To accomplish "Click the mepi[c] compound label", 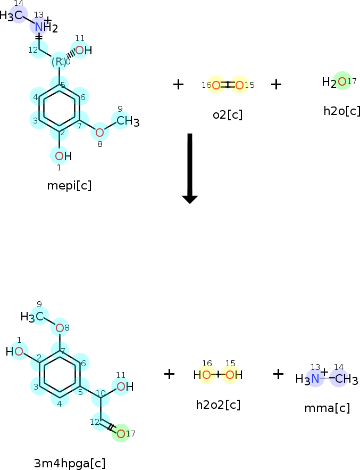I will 69,185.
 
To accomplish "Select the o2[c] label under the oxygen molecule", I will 228,114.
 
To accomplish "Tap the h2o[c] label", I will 342,111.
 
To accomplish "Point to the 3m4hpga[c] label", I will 70,463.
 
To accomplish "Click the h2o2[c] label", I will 218,405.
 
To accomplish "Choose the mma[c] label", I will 327,408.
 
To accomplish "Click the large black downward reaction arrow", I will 190,168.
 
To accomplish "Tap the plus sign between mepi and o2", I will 179,84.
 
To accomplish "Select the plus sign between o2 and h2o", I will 276,84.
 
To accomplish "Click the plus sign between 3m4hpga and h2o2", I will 169,374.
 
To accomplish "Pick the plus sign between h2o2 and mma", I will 278,374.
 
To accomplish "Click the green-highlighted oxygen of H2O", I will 342,81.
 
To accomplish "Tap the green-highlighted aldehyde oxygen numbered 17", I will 121,433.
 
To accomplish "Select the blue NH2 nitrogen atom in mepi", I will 39,26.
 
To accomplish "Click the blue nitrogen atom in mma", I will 315,378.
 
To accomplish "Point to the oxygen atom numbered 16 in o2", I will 216,85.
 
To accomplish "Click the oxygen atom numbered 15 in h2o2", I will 230,375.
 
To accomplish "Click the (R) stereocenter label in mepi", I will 58,61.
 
